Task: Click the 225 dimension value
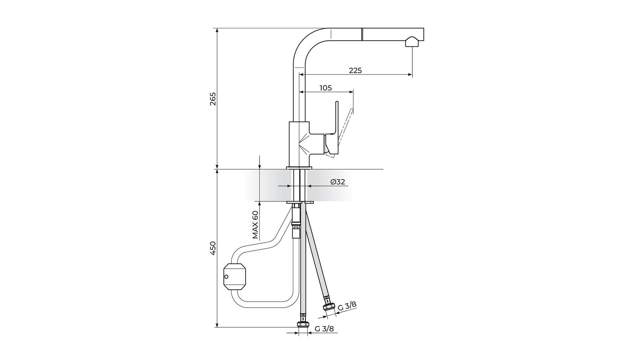point(355,71)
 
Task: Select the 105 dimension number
point(326,88)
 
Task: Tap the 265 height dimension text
point(213,99)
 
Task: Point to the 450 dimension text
point(213,248)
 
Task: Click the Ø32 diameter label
point(338,182)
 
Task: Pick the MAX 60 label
point(255,225)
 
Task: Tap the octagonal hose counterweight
point(234,276)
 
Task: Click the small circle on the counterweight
point(226,276)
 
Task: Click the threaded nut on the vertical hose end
point(303,324)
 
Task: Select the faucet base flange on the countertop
point(299,168)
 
